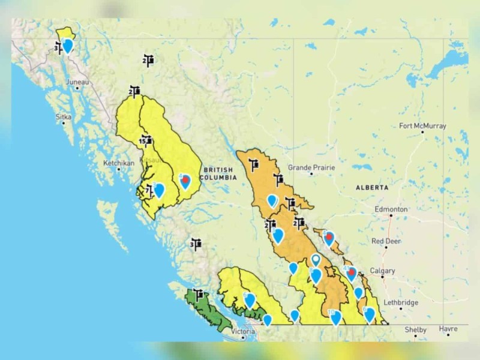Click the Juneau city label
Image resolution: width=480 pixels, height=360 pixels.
coord(79,82)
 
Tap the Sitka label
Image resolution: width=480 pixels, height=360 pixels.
coord(63,116)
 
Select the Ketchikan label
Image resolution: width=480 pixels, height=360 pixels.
coord(116,163)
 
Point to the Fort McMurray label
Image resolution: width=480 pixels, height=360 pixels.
coord(422,126)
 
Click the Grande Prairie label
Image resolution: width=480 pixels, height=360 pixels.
coord(310,167)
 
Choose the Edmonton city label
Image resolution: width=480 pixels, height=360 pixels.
coord(391,209)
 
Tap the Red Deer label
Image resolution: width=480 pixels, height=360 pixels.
coord(385,241)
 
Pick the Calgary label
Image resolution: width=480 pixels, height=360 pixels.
coord(382,271)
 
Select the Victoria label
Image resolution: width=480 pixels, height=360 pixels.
coord(243,331)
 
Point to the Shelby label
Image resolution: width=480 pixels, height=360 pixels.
coord(415,330)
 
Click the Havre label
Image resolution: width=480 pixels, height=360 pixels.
coord(448,329)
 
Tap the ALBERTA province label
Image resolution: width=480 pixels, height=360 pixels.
coord(372,187)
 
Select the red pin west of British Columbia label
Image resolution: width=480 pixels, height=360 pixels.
coord(185,180)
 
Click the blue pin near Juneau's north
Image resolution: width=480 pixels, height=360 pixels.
coord(68,45)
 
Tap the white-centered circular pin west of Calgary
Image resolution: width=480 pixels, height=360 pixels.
coord(316,260)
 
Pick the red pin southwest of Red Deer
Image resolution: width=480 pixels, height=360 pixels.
coord(329,238)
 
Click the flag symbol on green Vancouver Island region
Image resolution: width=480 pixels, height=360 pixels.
coord(199,295)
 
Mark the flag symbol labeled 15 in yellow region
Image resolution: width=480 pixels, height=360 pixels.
coord(146,142)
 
